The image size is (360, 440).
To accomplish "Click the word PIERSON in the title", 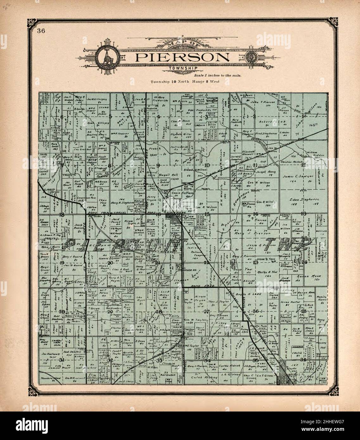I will [x=182, y=58].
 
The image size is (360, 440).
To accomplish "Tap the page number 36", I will [x=41, y=31].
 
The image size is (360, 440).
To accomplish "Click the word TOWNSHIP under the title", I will [x=183, y=68].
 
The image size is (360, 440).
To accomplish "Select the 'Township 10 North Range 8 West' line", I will [x=185, y=82].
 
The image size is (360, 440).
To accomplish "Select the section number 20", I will [x=110, y=263].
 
